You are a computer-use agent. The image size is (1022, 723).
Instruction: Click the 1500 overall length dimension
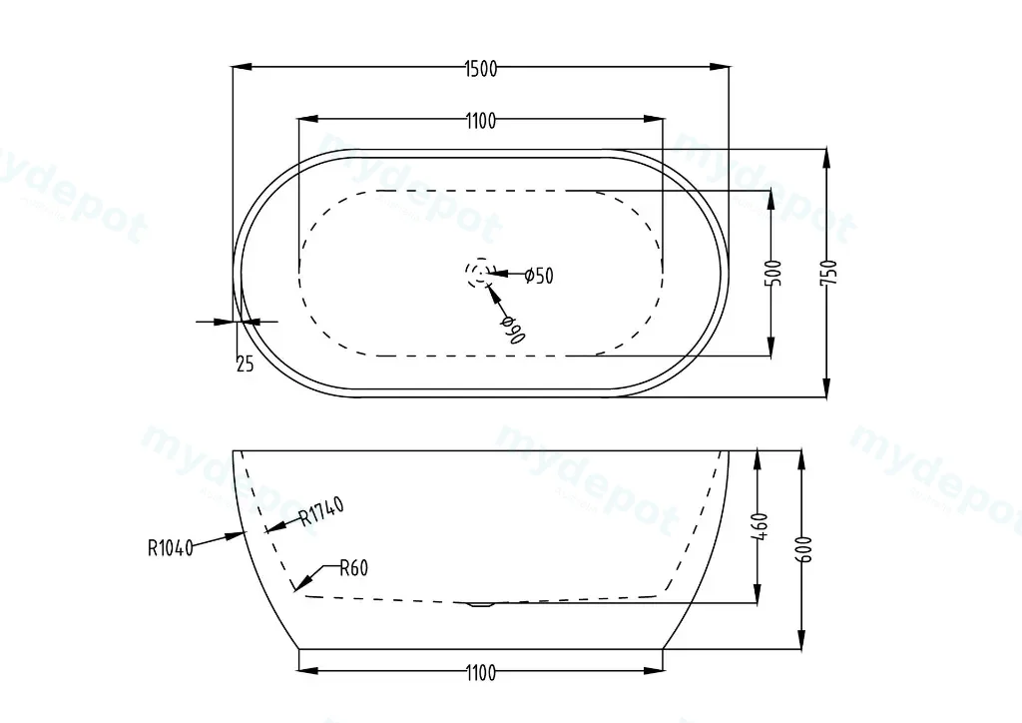click(481, 69)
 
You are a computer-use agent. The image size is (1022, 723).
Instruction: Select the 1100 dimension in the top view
click(481, 121)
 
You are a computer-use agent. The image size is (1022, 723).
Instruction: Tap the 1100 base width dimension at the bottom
click(481, 672)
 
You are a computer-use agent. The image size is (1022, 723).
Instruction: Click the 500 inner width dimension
click(773, 273)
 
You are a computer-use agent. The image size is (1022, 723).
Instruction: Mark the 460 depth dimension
click(760, 526)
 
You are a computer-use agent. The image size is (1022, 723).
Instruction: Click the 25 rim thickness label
click(245, 363)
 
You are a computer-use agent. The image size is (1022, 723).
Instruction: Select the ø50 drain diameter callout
click(539, 276)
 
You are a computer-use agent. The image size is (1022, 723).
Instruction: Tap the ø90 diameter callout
click(513, 330)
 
